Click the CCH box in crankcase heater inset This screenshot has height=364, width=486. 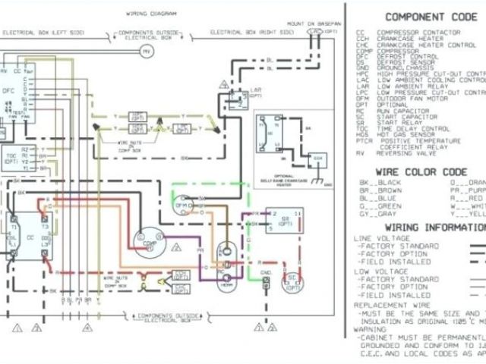(x=319, y=158)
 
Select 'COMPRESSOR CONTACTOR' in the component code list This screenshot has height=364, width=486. (x=418, y=33)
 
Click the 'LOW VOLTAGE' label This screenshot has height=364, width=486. (x=374, y=271)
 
